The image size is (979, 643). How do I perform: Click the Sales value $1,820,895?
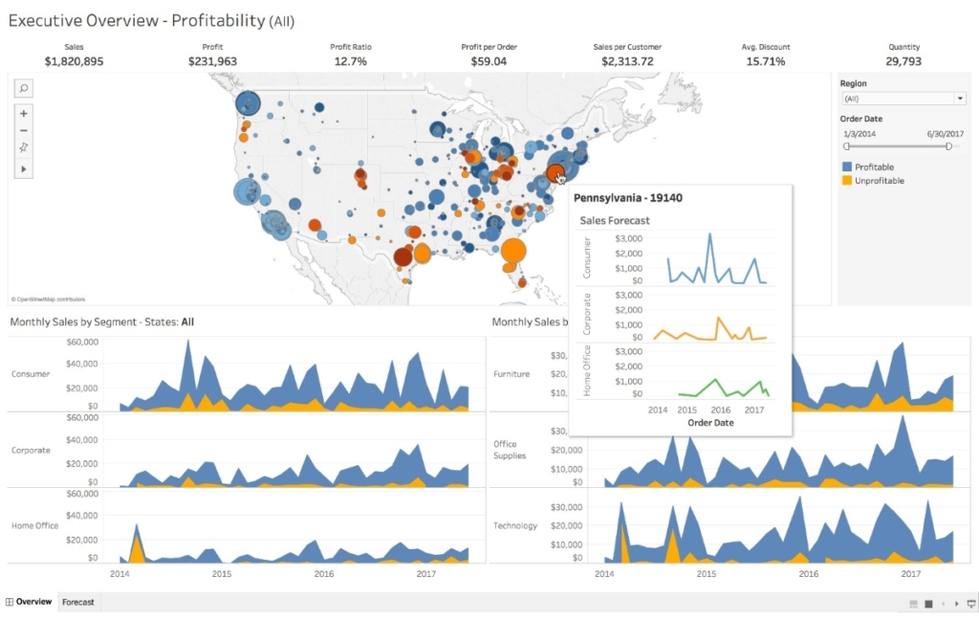(74, 61)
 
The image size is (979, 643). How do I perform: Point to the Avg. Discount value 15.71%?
(765, 61)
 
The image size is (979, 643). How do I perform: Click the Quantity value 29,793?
(903, 61)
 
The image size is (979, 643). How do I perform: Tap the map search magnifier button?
(24, 88)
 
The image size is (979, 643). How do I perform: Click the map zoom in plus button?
(24, 113)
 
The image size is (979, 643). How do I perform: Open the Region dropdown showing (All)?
(903, 99)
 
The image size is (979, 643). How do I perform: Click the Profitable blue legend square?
(847, 167)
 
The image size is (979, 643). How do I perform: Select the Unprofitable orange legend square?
(847, 181)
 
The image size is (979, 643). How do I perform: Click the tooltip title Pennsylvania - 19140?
(628, 198)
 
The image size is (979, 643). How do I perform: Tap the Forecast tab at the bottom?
(78, 602)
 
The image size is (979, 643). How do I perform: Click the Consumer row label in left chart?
(31, 374)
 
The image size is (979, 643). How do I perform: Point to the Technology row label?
(515, 526)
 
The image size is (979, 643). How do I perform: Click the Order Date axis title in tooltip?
(710, 423)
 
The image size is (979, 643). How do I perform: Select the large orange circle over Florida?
(513, 253)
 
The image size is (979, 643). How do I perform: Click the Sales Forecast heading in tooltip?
(615, 221)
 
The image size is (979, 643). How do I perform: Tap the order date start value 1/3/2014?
(859, 134)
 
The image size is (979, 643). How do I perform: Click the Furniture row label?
(511, 374)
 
